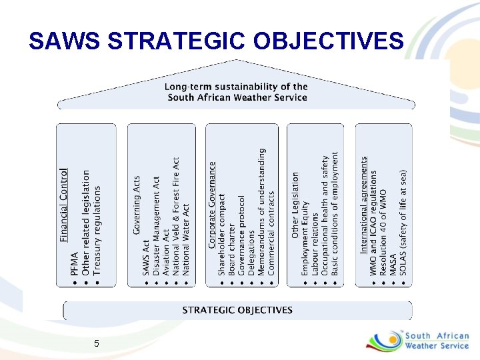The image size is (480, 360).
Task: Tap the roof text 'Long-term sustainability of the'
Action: tap(237, 87)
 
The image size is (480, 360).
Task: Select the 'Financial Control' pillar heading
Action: tap(64, 204)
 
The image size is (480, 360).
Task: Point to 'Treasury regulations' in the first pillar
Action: tap(97, 231)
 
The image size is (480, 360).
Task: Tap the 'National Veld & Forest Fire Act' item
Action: tap(176, 216)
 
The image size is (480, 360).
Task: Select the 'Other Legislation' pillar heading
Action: tap(295, 205)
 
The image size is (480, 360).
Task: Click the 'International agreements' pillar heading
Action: tap(364, 205)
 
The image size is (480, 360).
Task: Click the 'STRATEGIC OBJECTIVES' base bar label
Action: tap(237, 310)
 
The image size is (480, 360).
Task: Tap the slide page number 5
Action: tap(97, 343)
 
